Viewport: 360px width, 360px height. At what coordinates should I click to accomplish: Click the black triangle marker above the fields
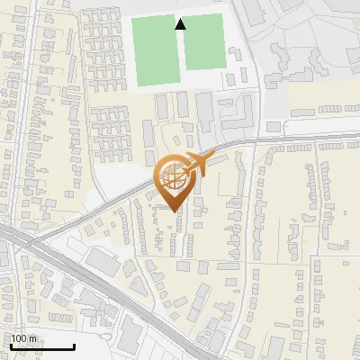[180, 24]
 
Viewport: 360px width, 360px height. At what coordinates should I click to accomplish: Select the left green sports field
[156, 51]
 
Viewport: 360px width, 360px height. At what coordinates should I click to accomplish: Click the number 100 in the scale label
[20, 338]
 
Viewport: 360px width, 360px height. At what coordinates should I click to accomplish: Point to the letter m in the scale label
[32, 338]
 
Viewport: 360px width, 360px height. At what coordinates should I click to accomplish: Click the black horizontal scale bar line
[41, 347]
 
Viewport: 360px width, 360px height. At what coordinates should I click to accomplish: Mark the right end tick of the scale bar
[74, 346]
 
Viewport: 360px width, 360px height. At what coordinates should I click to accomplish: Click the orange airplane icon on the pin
[197, 166]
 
